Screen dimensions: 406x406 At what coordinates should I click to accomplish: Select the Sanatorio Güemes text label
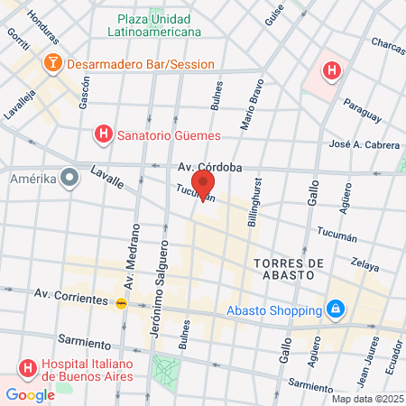point(171,135)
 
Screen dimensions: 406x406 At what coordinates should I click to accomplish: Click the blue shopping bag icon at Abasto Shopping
point(335,309)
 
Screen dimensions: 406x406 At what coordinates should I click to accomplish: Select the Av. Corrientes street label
point(69,294)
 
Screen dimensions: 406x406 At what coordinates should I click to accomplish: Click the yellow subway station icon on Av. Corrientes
point(121,303)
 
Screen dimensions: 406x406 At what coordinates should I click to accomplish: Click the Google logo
point(30,394)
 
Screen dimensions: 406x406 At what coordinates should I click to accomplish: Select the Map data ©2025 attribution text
point(367,399)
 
